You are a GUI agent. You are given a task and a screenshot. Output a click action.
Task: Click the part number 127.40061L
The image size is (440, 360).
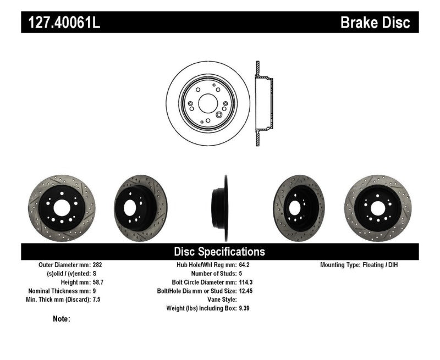pos(62,23)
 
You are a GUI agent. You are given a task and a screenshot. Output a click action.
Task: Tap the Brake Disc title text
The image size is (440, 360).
pos(375,23)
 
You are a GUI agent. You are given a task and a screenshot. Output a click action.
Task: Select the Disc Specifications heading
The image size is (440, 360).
pos(219,252)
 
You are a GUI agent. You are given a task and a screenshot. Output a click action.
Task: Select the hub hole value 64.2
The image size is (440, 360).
pos(244,264)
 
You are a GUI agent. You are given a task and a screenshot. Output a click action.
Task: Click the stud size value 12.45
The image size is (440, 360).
pos(246,291)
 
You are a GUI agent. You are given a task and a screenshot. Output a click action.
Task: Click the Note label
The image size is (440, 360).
pos(62,319)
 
